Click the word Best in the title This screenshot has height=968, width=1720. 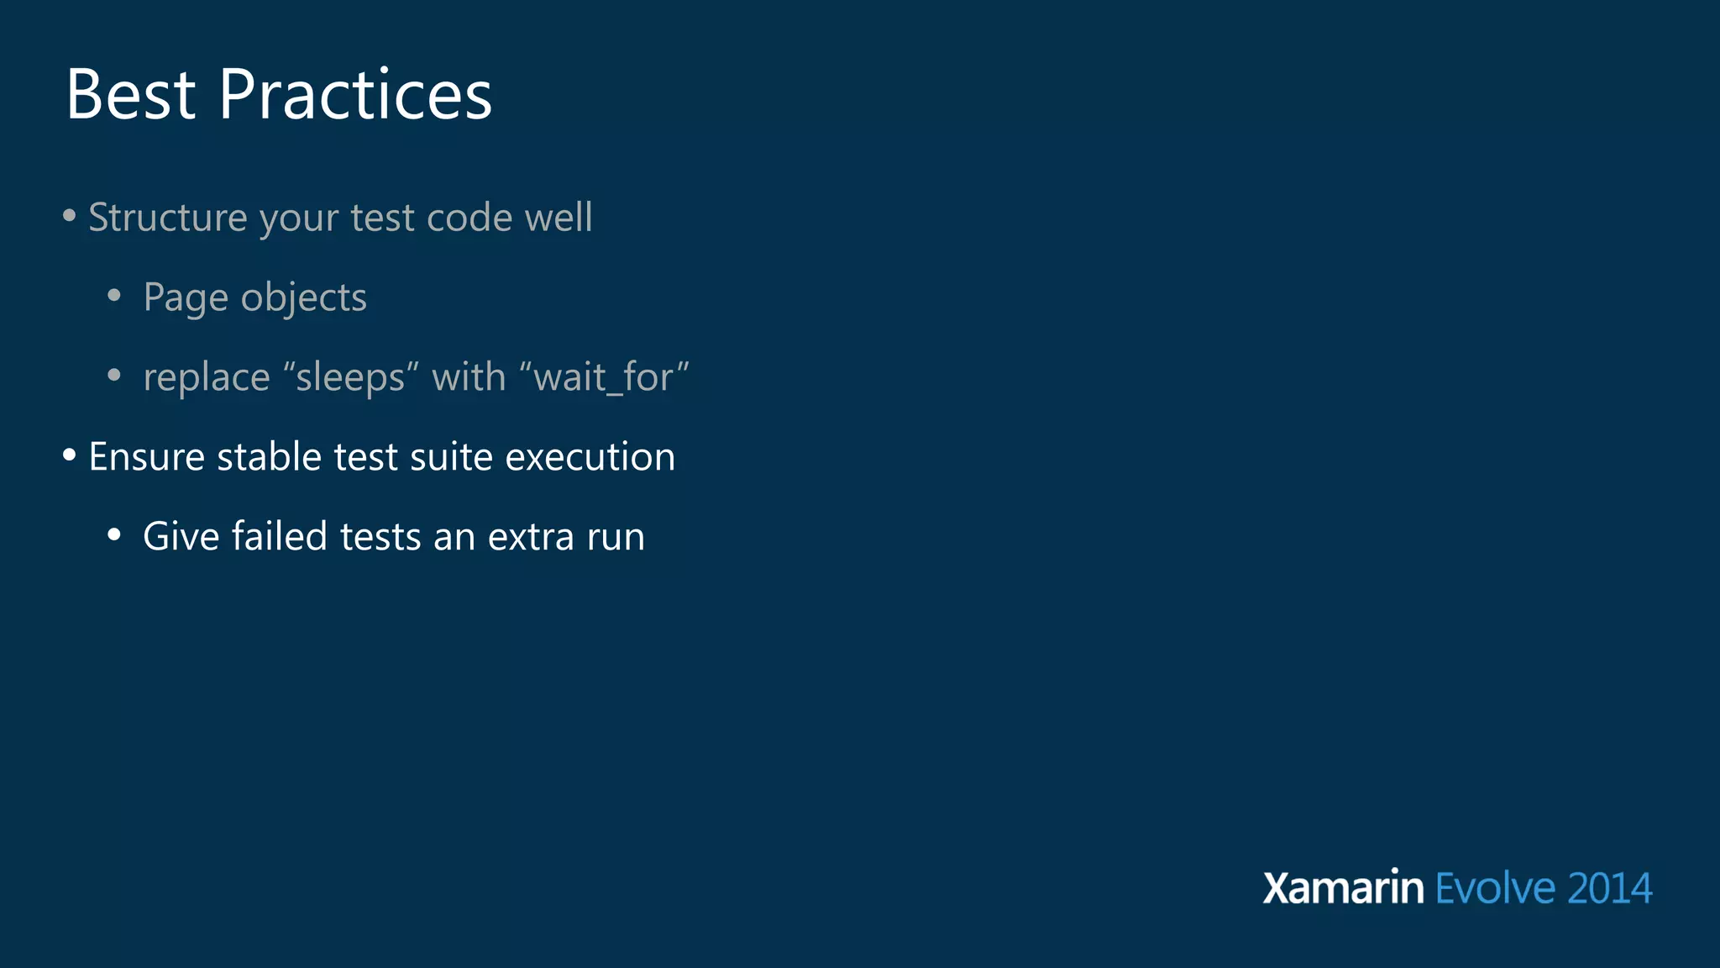click(x=130, y=95)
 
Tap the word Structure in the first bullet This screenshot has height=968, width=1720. click(x=168, y=218)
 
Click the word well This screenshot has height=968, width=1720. click(x=558, y=218)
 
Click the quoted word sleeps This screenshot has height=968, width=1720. click(x=350, y=377)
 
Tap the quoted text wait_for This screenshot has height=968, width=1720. click(x=605, y=377)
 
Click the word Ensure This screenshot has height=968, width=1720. click(x=147, y=457)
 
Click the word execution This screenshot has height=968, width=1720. click(x=590, y=457)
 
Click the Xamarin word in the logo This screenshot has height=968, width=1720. click(x=1343, y=888)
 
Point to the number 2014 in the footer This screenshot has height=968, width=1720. click(x=1608, y=889)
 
